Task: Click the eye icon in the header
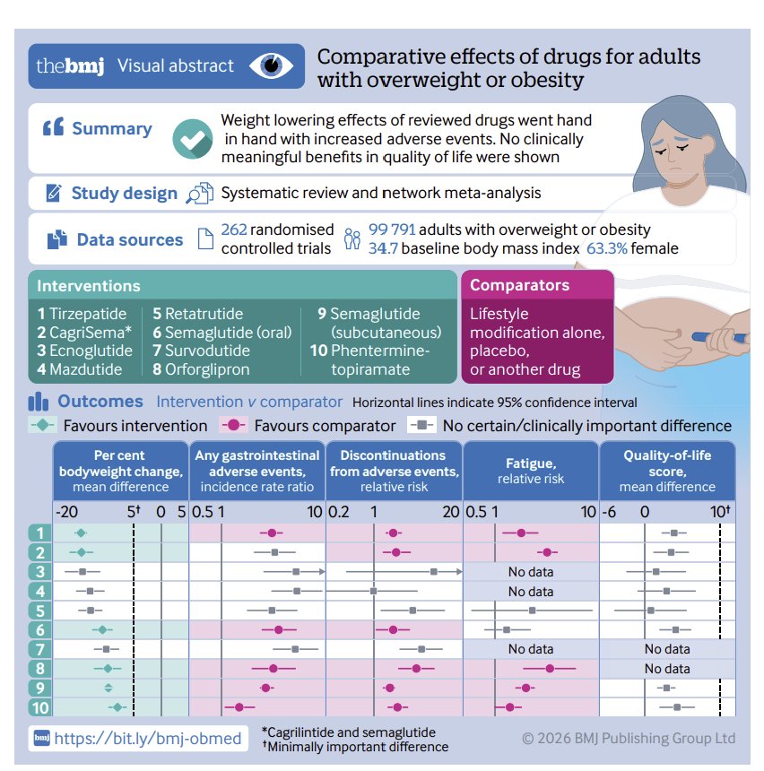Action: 271,65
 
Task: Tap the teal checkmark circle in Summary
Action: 193,139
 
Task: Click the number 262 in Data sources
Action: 234,230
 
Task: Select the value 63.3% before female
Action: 606,248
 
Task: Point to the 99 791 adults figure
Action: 392,230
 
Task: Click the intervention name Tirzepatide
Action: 88,314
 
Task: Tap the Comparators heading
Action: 519,285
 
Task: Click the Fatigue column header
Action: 531,471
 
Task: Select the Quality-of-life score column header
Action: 667,471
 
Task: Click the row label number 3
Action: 40,572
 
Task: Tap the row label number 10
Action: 40,707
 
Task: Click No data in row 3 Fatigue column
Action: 531,572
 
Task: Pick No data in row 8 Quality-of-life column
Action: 667,669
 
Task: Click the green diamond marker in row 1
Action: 82,533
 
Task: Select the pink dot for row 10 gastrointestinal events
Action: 239,707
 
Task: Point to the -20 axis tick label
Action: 66,513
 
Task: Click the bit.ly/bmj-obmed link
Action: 147,738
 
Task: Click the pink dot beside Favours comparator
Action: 234,425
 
